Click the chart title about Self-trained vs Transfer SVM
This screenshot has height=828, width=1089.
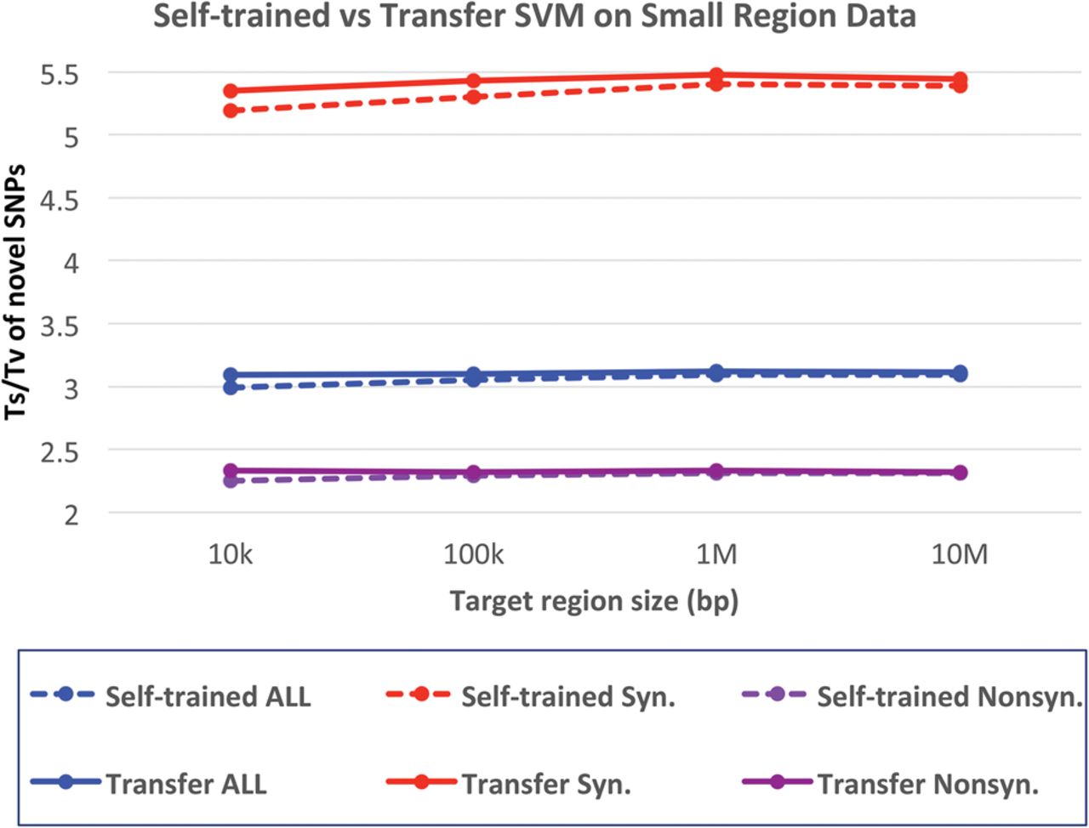534,15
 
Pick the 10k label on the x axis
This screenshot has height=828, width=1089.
230,555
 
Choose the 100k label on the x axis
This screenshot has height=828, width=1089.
473,555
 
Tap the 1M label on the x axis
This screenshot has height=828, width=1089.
716,555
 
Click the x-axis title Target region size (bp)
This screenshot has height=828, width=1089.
594,602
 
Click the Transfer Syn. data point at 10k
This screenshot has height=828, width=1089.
230,91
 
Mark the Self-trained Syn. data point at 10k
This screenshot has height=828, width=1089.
230,111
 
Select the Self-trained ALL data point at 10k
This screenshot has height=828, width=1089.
230,387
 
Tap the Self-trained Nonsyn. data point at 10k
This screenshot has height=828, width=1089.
230,480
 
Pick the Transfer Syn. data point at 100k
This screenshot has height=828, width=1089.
473,81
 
